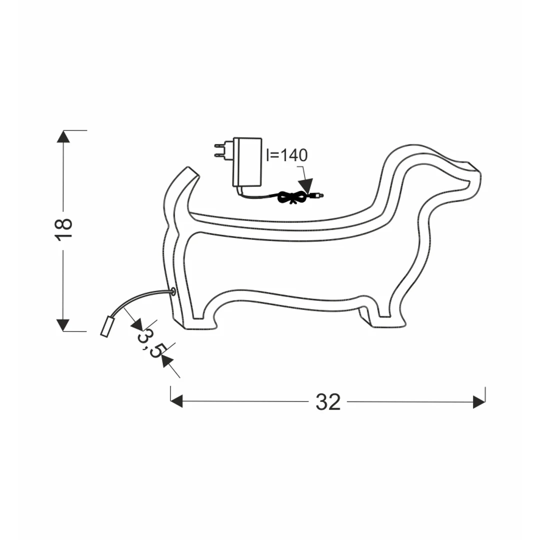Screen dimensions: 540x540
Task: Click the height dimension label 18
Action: (64, 229)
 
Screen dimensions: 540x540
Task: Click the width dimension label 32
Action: (328, 401)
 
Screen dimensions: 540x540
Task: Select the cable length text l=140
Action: (286, 155)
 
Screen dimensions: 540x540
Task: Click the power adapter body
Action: (247, 162)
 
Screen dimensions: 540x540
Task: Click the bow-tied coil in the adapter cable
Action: (291, 197)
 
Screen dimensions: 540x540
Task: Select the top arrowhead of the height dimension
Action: (63, 136)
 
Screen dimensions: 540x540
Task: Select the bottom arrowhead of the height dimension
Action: (63, 325)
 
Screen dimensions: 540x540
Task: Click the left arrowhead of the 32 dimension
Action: (176, 401)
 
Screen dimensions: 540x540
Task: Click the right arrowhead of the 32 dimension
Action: (479, 401)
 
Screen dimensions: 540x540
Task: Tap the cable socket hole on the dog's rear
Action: (173, 292)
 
